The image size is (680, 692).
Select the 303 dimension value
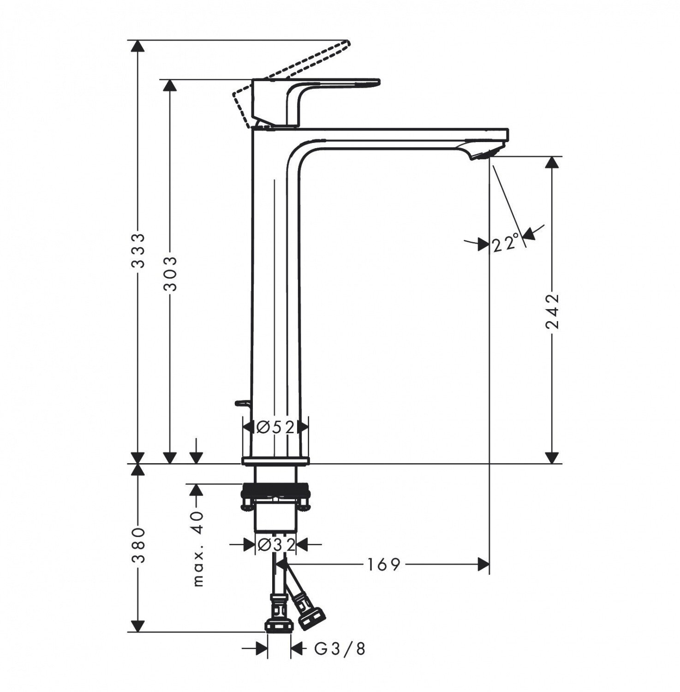click(x=171, y=273)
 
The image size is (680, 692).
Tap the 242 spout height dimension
click(x=552, y=310)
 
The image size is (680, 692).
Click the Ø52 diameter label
click(x=275, y=428)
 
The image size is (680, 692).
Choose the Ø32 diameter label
click(x=276, y=545)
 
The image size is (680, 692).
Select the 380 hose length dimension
click(x=137, y=546)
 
